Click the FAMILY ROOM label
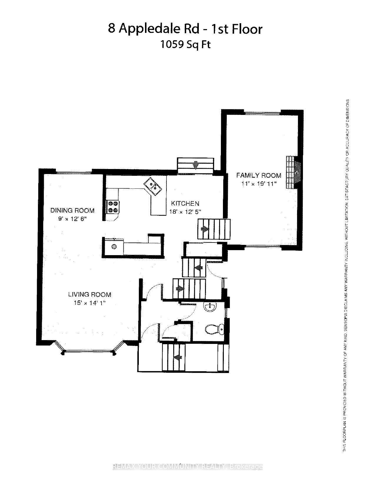(259, 175)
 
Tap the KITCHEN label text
(185, 203)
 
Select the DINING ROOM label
(72, 210)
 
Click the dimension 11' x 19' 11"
(259, 184)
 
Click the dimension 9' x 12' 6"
(72, 219)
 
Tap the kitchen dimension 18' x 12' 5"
(185, 212)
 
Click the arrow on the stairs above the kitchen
(195, 166)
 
